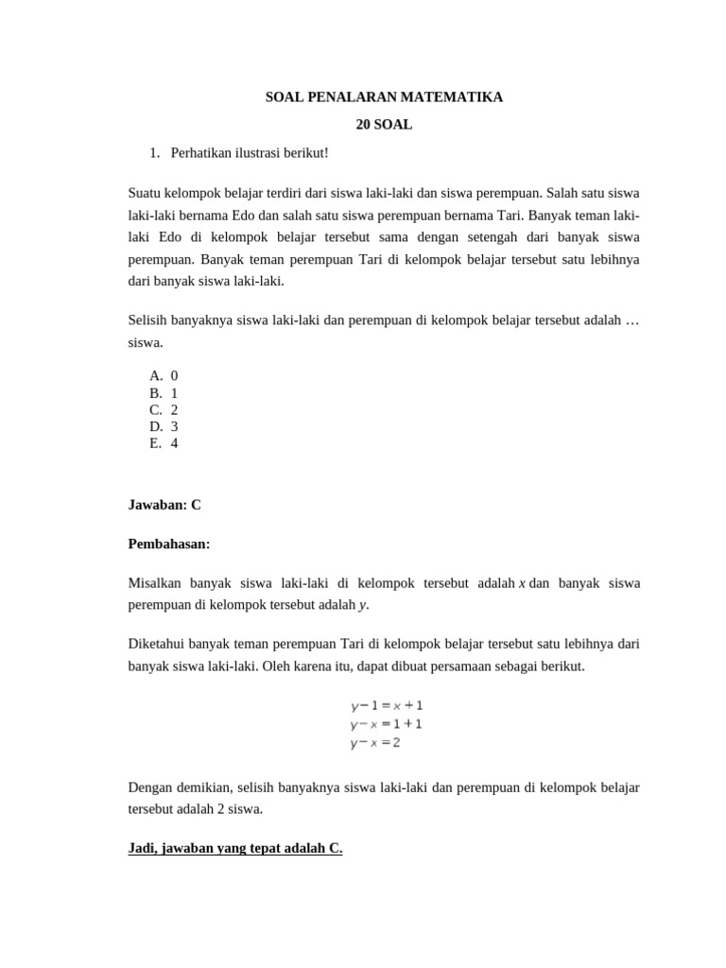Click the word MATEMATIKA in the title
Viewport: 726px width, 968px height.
(456, 97)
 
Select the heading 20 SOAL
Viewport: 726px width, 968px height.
(384, 125)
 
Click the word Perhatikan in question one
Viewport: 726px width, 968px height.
(201, 152)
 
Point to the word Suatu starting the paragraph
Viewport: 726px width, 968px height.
(146, 193)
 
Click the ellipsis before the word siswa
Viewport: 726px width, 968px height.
(632, 321)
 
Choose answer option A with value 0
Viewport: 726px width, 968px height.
(164, 375)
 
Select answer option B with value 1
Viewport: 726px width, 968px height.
(164, 392)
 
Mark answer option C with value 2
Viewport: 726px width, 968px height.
(164, 409)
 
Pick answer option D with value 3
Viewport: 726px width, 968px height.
(164, 426)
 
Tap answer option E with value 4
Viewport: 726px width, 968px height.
(164, 443)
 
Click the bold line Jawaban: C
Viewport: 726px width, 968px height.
(164, 505)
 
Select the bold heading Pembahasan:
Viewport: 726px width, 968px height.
(169, 544)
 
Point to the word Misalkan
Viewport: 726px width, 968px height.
(154, 583)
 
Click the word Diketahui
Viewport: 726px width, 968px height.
(156, 645)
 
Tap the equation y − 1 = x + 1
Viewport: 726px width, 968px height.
(387, 705)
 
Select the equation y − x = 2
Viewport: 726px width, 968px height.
(375, 743)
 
